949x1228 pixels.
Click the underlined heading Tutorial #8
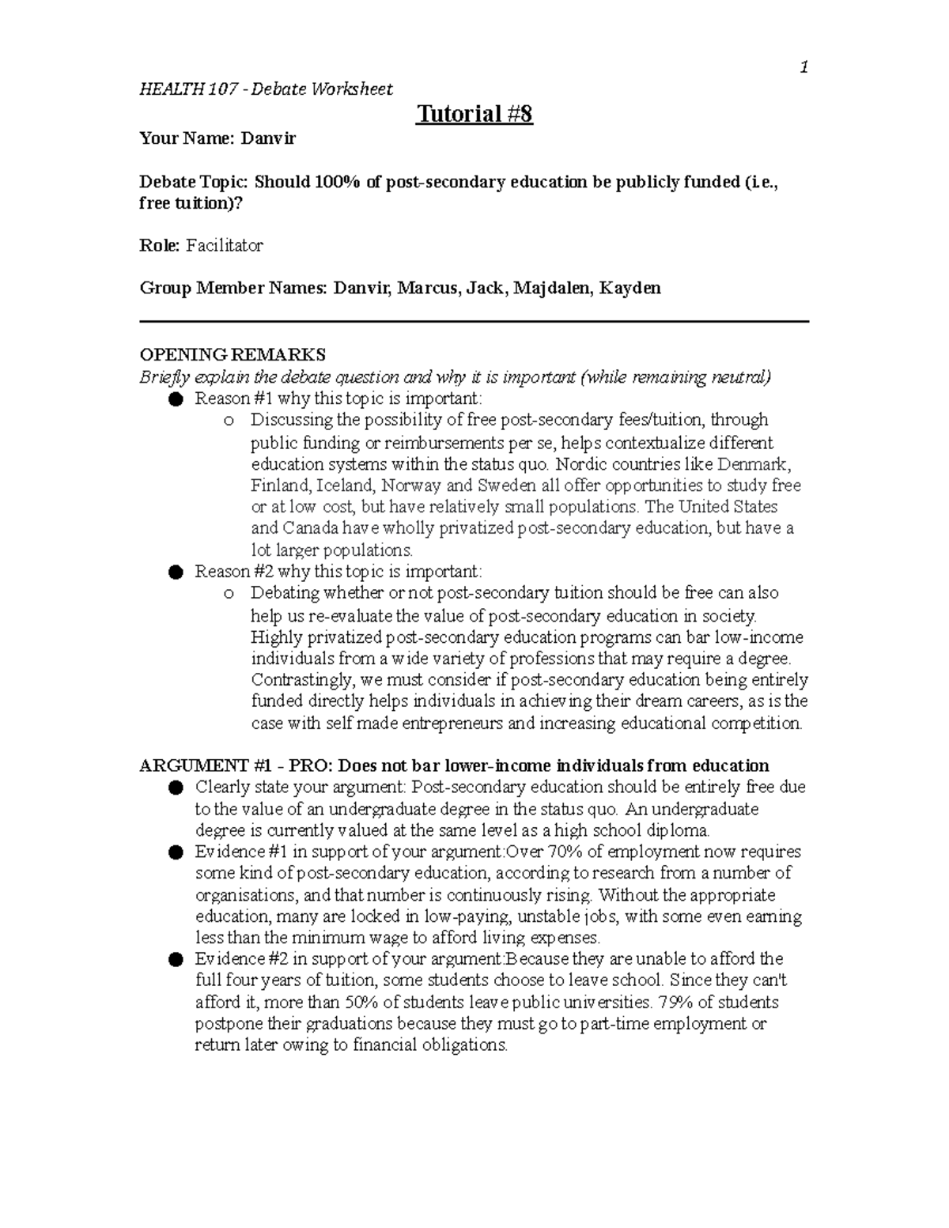[x=475, y=114]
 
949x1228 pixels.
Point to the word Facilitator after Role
[x=225, y=246]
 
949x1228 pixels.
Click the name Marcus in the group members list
[x=427, y=288]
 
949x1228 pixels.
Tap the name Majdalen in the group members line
[x=550, y=288]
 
